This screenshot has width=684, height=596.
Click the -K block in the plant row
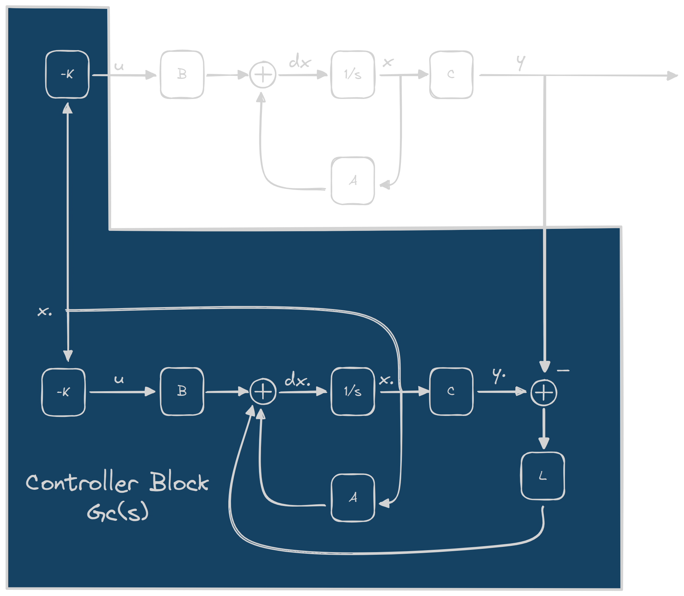67,75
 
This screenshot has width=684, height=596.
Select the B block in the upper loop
182,75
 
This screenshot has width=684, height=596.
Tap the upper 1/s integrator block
353,75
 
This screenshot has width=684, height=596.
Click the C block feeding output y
451,75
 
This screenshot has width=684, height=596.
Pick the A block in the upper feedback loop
353,181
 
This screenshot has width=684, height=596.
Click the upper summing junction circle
263,75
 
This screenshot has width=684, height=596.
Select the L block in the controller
542,476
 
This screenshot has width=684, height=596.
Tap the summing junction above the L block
544,393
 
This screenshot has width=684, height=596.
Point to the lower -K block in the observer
63,392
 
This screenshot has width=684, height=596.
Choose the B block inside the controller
182,392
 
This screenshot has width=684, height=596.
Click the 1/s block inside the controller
353,392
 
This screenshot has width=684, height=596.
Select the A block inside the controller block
353,498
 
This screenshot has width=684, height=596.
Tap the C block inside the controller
451,392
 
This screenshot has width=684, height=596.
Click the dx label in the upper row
300,62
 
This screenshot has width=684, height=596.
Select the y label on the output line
521,62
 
